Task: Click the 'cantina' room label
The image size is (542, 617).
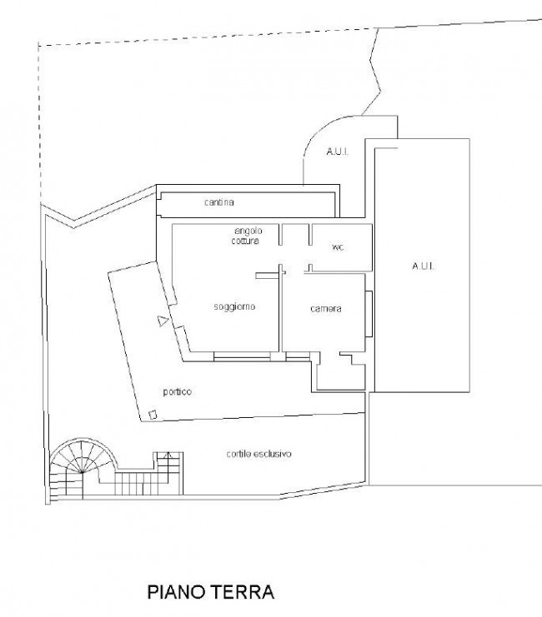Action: click(x=219, y=202)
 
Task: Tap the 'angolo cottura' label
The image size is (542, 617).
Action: click(x=247, y=236)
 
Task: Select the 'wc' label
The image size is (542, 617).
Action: click(x=338, y=247)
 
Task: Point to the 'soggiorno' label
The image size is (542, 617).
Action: click(x=234, y=306)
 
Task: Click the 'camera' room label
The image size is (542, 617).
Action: click(x=325, y=309)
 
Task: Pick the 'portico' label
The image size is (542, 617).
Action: click(x=178, y=392)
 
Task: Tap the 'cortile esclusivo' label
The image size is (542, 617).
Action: click(x=259, y=454)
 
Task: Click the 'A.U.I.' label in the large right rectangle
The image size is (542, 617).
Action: click(x=423, y=266)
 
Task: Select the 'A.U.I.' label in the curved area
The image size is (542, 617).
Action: click(x=338, y=152)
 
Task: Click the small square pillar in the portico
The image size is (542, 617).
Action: click(x=153, y=415)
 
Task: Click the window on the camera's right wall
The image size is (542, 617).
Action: click(x=369, y=314)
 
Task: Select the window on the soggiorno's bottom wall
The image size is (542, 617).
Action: click(x=242, y=356)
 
